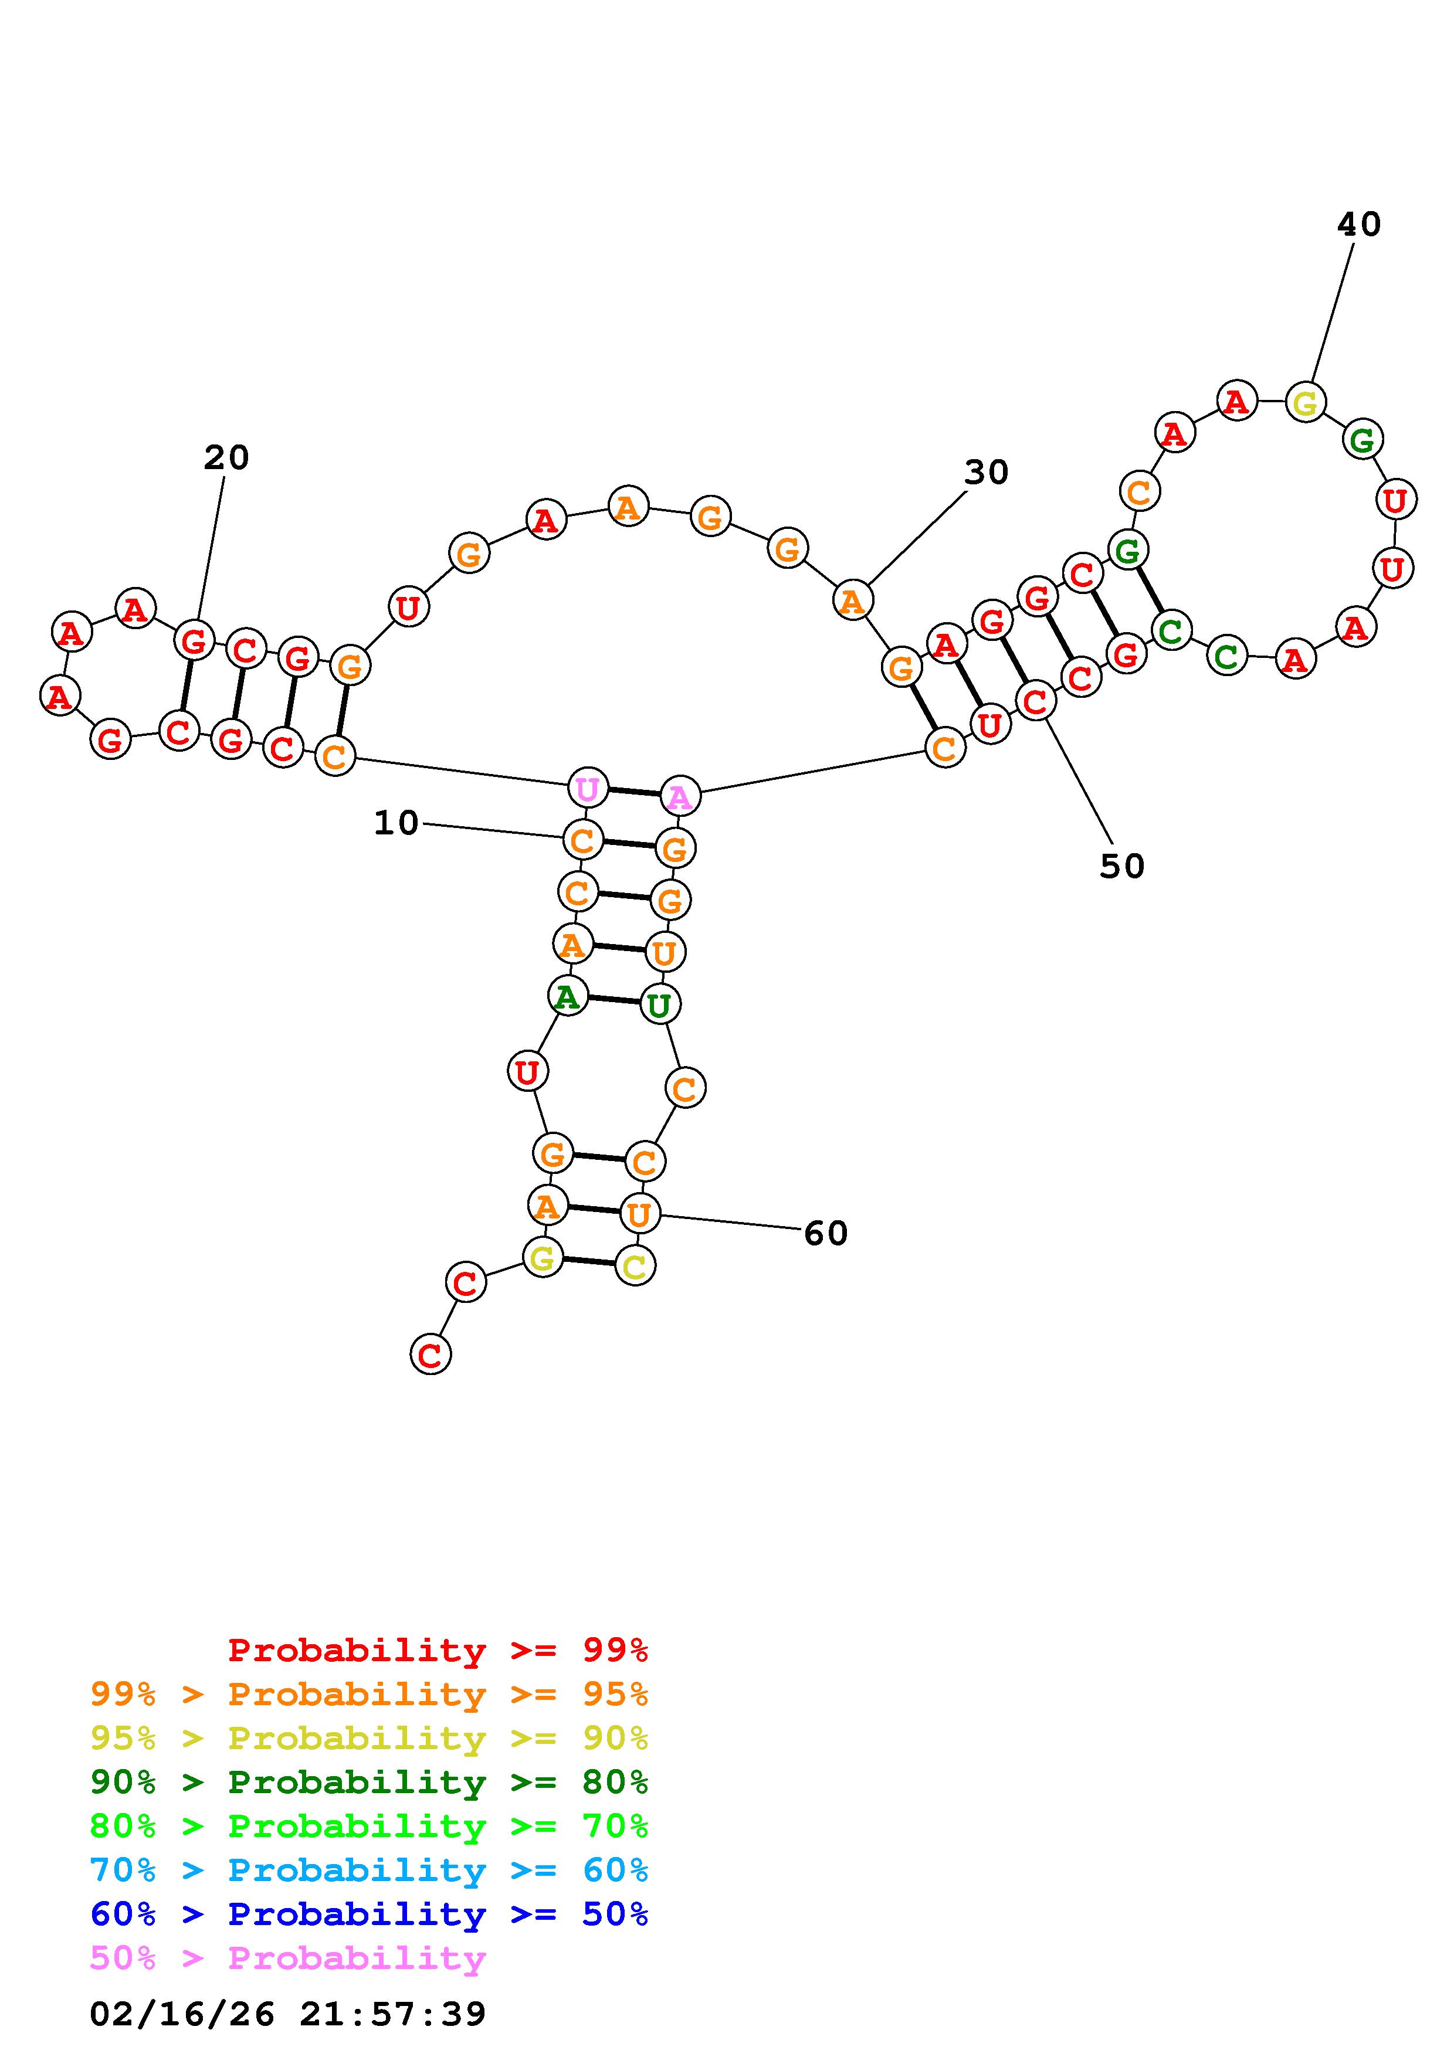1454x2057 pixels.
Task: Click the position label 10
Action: point(396,823)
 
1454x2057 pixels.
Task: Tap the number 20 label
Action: point(226,458)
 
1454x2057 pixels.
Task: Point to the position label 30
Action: point(987,472)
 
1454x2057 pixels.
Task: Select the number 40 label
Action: point(1359,224)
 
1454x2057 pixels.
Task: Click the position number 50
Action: point(1121,865)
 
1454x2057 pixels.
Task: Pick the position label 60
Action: point(825,1234)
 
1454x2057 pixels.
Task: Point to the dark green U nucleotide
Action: point(659,1004)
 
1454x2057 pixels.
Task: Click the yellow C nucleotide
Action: point(635,1266)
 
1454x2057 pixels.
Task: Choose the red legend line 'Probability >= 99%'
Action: point(438,1650)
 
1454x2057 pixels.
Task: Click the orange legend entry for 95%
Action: point(369,1694)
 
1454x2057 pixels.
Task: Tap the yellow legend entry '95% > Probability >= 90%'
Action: point(369,1738)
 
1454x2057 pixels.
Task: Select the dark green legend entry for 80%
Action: point(369,1782)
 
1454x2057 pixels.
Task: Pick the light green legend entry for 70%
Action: point(369,1826)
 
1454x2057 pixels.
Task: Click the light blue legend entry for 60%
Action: point(369,1870)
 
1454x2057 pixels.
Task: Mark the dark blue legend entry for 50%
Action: point(369,1914)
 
